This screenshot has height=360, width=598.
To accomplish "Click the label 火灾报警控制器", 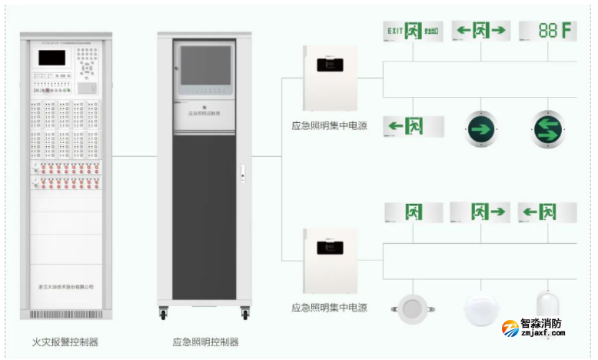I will pos(65,341).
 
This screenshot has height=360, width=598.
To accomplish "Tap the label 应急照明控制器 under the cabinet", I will pos(206,341).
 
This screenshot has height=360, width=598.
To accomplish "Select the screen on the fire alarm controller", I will pos(51,58).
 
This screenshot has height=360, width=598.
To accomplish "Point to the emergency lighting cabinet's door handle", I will pos(241,172).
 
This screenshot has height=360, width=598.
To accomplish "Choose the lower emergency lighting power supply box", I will pos(331,260).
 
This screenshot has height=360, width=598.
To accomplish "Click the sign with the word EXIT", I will pos(414,31).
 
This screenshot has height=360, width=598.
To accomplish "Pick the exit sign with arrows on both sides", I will pos(481,31).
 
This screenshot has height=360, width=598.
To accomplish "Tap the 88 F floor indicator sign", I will pos(547,31).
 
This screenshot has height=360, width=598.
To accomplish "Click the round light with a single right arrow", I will pos(481,128).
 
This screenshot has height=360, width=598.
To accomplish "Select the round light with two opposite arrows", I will pos(547,128).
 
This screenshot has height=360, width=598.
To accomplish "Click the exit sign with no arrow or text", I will pos(414,212).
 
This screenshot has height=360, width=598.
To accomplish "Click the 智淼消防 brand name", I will pos(542,324).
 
